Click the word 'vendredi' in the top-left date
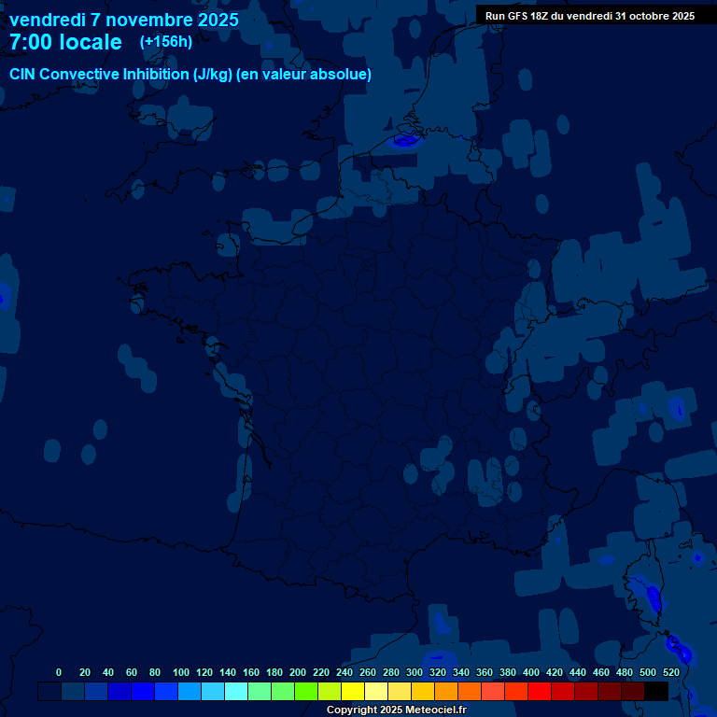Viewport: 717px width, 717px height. tap(46, 20)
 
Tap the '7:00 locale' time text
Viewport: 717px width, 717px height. tap(65, 42)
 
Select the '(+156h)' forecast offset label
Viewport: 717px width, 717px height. tap(166, 41)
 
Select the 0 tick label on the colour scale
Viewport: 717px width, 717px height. tap(59, 672)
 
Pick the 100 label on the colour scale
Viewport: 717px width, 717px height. tap(181, 672)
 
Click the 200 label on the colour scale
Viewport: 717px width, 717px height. tap(298, 672)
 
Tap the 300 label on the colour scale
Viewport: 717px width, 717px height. tap(415, 672)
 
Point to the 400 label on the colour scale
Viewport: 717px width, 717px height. tap(531, 672)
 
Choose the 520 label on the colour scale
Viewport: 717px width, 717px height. tap(671, 672)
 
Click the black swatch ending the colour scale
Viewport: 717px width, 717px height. tap(656, 691)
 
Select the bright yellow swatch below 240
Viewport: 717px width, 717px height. tap(353, 691)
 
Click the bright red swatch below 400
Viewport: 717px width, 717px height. tap(540, 691)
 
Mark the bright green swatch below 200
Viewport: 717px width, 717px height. tap(306, 691)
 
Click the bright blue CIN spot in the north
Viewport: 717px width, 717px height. tap(405, 141)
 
